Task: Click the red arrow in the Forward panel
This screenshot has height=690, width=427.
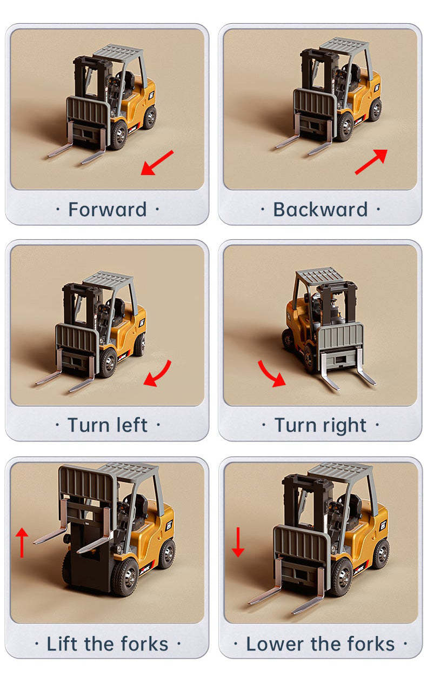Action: pyautogui.click(x=157, y=163)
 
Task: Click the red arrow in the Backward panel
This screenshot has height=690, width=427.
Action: pyautogui.click(x=371, y=161)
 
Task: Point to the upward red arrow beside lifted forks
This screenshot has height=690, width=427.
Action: pyautogui.click(x=22, y=542)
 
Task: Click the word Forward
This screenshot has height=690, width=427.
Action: pyautogui.click(x=108, y=210)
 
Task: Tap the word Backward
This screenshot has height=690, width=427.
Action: pyautogui.click(x=320, y=210)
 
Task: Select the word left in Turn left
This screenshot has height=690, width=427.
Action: pyautogui.click(x=130, y=425)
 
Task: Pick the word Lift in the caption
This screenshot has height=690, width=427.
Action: pyautogui.click(x=62, y=644)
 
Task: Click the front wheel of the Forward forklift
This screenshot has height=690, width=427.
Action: pyautogui.click(x=118, y=136)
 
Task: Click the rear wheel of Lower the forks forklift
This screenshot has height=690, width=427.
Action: pyautogui.click(x=382, y=554)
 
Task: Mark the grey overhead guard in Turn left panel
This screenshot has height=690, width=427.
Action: pyautogui.click(x=108, y=279)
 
